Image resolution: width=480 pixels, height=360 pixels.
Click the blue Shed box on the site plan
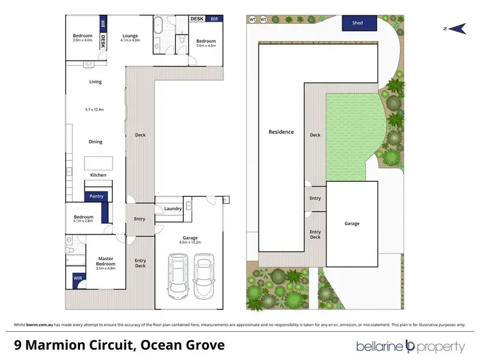coord(358,23)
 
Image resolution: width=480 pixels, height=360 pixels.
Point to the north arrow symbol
coord(456,28)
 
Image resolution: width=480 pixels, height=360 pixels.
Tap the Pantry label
coord(96,197)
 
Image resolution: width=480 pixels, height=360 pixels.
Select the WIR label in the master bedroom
coord(77,279)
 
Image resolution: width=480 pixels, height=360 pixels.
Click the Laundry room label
coord(173,208)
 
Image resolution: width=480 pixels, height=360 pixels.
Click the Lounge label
coord(131,35)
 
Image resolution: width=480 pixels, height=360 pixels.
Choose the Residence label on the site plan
coord(281,132)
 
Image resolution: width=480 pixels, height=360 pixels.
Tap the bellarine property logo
coord(410,347)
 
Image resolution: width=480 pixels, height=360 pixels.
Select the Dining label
coord(95,142)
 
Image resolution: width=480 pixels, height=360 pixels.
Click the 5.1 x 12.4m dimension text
coord(94,110)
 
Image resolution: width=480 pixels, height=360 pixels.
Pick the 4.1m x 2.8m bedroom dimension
coord(83,221)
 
